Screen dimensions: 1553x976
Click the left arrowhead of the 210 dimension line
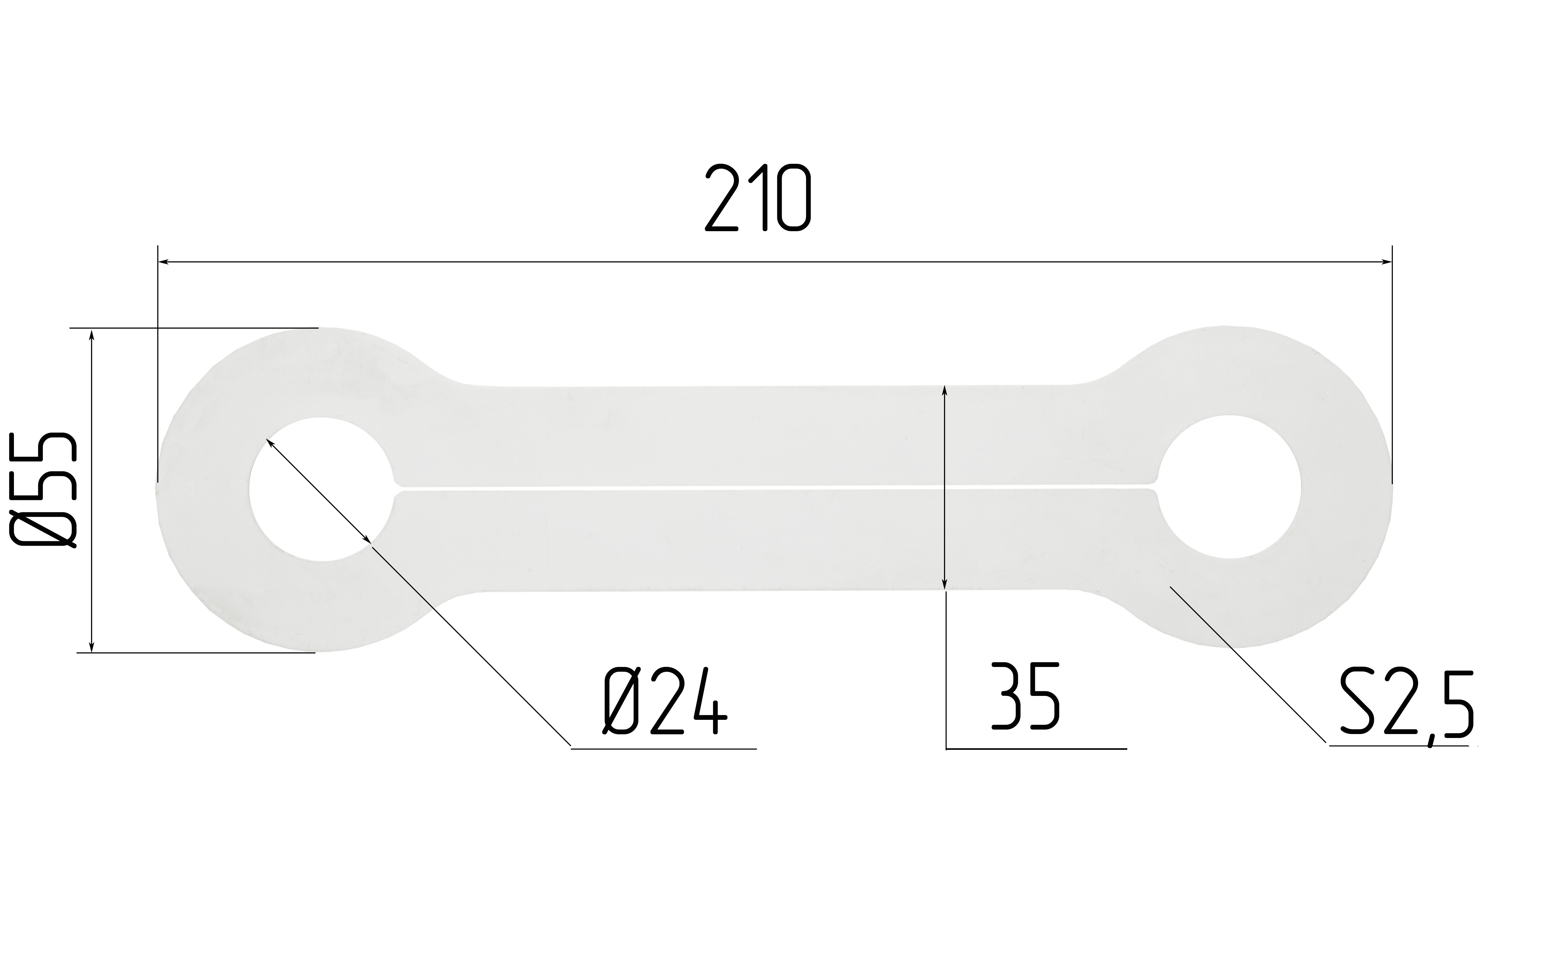(x=164, y=262)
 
